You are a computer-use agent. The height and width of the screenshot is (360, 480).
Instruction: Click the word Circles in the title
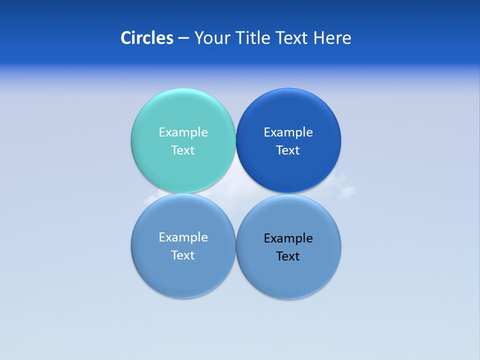pos(147,38)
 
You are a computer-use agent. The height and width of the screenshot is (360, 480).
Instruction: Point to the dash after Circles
pos(183,38)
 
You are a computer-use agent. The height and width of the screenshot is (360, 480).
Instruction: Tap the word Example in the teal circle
pos(183,132)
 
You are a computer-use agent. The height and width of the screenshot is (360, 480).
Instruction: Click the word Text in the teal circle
pos(183,150)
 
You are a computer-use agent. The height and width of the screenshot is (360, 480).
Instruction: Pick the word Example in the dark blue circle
pos(288,132)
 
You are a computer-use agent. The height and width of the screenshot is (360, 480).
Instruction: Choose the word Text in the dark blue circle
pos(288,150)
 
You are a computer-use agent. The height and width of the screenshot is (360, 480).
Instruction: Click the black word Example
pos(288,238)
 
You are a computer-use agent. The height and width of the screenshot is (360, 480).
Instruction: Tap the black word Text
pos(288,256)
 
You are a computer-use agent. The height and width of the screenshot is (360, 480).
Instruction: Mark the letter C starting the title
pos(125,38)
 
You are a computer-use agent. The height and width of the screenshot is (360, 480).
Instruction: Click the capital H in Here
pos(318,38)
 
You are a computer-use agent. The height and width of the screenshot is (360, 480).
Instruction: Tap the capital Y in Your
pos(198,38)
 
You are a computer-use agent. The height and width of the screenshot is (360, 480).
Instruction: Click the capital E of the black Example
pos(267,238)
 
